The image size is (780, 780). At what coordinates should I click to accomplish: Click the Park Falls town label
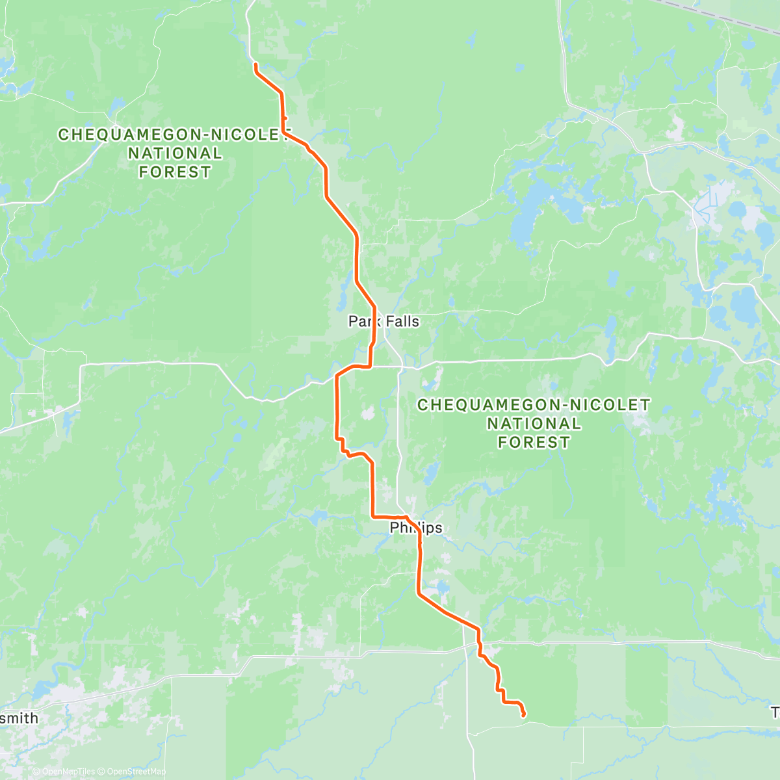pos(383,321)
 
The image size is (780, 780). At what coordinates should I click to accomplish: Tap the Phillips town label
pos(416,528)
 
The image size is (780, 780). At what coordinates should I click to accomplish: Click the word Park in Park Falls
pos(363,321)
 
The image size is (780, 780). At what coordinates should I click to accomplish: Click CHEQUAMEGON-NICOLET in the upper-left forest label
pos(173,135)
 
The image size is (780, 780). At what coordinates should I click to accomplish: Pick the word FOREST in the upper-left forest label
pos(174,172)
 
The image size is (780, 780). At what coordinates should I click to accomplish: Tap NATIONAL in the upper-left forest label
pos(174,153)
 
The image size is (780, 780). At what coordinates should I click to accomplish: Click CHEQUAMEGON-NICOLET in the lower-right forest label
pos(533,405)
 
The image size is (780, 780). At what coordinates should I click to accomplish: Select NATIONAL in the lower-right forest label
pos(533,424)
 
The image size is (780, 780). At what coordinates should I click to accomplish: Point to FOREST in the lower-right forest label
pos(533,443)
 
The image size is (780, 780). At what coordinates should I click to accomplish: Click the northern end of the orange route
pos(255,64)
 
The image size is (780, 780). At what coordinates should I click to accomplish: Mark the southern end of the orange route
pos(523,716)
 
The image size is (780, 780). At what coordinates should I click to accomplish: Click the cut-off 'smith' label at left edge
pos(19,719)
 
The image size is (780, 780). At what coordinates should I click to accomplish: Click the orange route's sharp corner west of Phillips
pos(372,516)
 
